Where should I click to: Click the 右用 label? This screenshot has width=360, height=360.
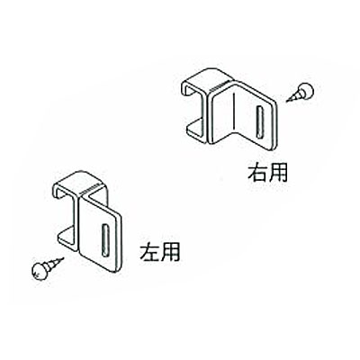[267, 172]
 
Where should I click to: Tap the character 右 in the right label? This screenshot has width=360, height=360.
[257, 172]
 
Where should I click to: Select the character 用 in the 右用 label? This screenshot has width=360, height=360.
[278, 173]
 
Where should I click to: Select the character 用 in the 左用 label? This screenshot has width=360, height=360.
[170, 252]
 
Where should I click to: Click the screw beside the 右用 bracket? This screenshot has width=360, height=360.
[300, 92]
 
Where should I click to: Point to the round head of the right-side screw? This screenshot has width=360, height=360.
[306, 90]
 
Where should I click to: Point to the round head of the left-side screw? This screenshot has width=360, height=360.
[40, 272]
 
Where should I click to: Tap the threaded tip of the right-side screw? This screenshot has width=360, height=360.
[287, 101]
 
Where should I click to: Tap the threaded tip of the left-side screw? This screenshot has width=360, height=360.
[62, 259]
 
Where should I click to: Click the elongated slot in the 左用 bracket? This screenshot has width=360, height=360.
[105, 240]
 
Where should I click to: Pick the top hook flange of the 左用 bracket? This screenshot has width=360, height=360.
[77, 182]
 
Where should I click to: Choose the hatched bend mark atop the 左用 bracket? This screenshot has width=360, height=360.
[91, 188]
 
